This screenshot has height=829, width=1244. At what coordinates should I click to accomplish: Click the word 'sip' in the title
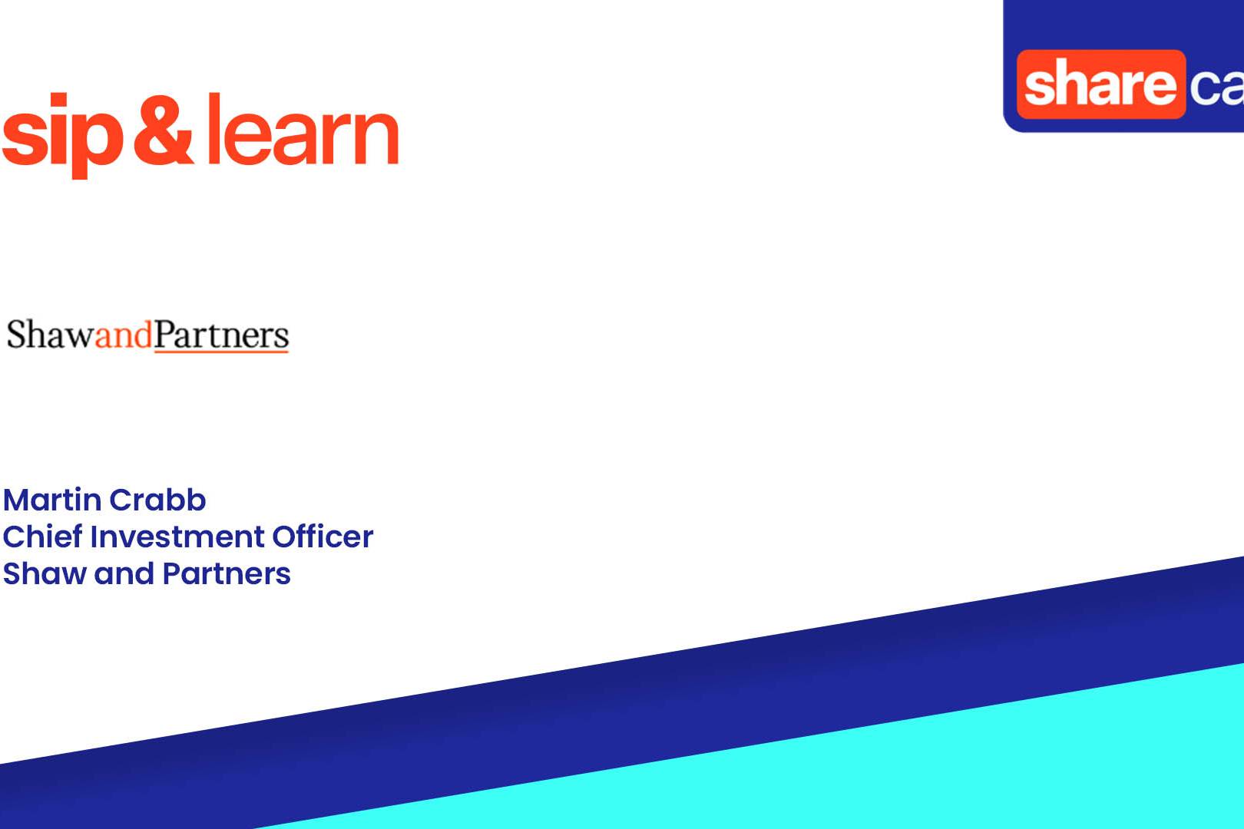62,136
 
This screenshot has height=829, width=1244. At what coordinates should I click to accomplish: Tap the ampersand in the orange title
164,130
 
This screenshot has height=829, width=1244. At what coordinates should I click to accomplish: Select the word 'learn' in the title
303,130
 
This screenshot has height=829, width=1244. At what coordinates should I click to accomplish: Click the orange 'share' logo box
1101,84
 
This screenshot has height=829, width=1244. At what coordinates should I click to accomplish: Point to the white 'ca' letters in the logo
1217,88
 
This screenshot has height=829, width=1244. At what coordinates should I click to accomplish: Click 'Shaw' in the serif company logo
50,335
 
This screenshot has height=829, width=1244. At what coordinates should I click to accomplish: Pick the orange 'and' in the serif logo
124,335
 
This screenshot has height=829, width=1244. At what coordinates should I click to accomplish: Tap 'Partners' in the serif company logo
221,335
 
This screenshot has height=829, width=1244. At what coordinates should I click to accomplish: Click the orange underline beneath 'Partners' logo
221,351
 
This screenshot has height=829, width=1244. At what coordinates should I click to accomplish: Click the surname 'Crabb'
157,500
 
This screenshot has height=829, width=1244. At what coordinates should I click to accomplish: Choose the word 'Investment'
177,537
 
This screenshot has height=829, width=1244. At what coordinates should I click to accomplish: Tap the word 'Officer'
323,537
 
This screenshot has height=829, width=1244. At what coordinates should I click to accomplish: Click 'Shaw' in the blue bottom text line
45,573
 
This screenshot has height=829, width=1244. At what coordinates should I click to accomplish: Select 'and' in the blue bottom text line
124,573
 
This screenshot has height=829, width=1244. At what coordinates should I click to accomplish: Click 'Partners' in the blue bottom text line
227,573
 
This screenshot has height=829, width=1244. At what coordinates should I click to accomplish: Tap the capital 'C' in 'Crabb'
121,500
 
